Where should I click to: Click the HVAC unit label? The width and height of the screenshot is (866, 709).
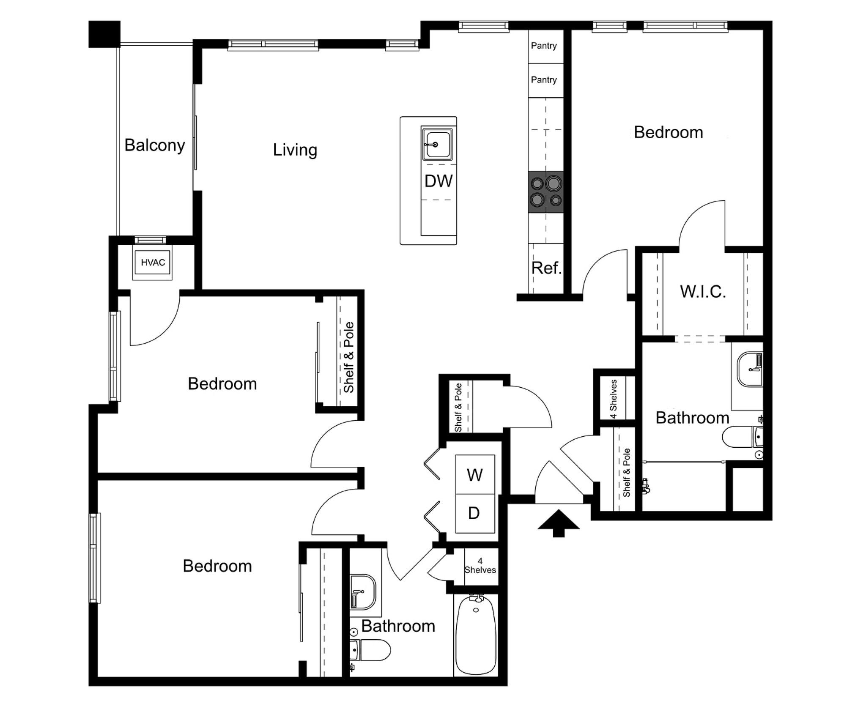153,263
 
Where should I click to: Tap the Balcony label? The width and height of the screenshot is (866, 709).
154,145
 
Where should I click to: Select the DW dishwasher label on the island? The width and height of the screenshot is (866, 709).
438,181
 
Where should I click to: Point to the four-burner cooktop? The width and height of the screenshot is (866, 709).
545,192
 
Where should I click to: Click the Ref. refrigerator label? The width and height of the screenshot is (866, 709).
546,268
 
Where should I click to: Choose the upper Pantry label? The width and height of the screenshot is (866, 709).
544,46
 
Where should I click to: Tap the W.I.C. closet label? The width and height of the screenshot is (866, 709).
703,292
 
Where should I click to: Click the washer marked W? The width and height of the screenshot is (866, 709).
474,475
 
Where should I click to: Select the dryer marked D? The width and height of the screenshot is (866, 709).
474,513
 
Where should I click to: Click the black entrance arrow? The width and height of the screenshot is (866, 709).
559,523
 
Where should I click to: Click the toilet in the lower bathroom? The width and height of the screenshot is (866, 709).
370,650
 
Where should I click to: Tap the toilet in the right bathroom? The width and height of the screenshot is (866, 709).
742,437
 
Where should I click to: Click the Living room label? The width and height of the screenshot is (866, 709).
295,150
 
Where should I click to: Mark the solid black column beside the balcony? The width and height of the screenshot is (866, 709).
104,34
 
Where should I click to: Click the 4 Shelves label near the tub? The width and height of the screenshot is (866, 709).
480,566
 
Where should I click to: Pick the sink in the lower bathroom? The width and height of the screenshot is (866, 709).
363,591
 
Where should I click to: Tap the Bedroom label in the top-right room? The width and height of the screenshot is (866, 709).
669,133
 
